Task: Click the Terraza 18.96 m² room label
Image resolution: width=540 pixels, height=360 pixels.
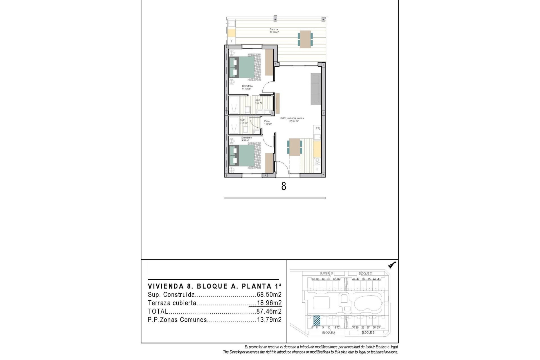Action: pos(274,31)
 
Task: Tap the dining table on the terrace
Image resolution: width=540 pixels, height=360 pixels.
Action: pos(305,39)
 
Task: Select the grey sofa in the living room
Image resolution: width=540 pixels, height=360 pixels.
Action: pos(316,89)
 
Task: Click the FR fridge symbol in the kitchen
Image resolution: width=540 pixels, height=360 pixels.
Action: pos(318,129)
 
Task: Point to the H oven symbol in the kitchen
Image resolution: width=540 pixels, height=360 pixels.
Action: pos(317,169)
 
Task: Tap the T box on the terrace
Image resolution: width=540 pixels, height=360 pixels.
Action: pos(231,41)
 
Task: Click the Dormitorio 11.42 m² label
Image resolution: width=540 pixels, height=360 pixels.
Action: pos(247,87)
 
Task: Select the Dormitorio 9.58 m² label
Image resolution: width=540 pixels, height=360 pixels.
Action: pos(246,139)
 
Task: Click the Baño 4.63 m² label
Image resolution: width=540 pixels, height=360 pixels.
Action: pos(258,101)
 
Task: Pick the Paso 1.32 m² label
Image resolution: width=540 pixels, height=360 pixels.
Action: pos(268,123)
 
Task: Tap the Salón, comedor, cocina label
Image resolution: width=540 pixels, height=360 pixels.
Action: pos(292,120)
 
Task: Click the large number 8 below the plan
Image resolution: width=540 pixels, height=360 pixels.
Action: pos(283,186)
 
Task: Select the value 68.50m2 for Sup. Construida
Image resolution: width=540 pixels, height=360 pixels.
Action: pos(269,295)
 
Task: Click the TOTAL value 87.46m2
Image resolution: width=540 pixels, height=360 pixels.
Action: pos(269,311)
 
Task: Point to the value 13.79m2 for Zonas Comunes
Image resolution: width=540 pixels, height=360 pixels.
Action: pos(269,320)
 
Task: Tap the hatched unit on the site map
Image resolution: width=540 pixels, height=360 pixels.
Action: pos(317,320)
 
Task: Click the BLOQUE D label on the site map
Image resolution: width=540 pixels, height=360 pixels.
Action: pos(326,273)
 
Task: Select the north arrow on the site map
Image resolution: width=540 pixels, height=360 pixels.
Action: pos(391,265)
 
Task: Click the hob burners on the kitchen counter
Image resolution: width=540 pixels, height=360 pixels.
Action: pos(317,161)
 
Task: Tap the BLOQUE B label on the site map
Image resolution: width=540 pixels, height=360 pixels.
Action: pos(368,332)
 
